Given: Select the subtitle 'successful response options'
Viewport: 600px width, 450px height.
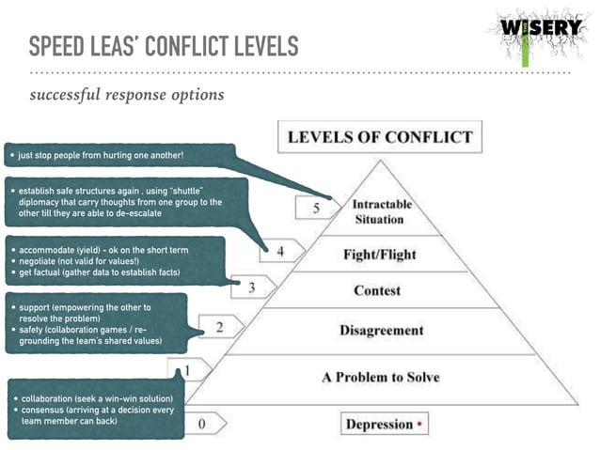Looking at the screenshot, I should coord(127,95).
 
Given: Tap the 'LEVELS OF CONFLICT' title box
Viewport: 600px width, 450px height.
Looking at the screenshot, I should coord(379,138).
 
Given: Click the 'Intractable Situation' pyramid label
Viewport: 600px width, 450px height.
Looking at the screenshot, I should coord(377,212).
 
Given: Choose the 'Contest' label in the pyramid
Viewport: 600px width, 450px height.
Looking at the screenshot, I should coord(377,290).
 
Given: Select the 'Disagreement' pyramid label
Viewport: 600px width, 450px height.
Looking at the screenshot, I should coord(381,330).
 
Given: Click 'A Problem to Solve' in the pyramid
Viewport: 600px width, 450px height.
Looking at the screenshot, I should coord(380,377).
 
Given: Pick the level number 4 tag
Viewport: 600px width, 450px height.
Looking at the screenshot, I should coord(279,251).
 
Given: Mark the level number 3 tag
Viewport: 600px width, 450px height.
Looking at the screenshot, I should coord(251,287).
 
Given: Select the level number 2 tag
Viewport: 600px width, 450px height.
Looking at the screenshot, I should coord(219,327).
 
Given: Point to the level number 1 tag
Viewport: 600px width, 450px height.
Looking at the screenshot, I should coord(187,370).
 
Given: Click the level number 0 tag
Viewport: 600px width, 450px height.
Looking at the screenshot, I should coord(201,424).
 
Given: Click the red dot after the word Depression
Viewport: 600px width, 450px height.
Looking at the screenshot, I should coord(419,424).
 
